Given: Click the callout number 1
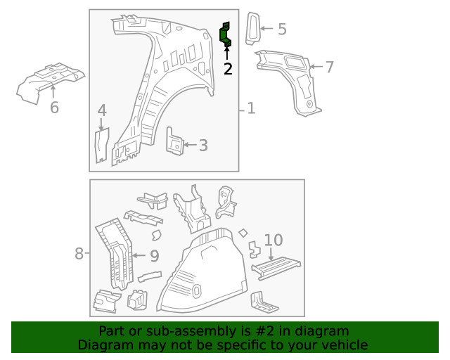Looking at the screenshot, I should pyautogui.click(x=251, y=109).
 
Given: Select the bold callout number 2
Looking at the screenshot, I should pyautogui.click(x=227, y=69).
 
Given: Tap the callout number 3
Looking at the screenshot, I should pyautogui.click(x=202, y=146).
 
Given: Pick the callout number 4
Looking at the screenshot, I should pyautogui.click(x=102, y=110).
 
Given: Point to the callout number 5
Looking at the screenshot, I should pyautogui.click(x=281, y=29).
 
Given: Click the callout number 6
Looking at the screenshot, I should pyautogui.click(x=54, y=108).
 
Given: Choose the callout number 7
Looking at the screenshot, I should pyautogui.click(x=329, y=67).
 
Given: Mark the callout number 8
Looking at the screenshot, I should pyautogui.click(x=79, y=253).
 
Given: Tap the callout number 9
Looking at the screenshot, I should pyautogui.click(x=154, y=257).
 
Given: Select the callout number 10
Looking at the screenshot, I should pyautogui.click(x=273, y=240).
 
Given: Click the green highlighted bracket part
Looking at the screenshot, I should pyautogui.click(x=226, y=34).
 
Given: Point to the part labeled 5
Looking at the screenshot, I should pyautogui.click(x=252, y=28).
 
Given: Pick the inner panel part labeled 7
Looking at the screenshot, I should pyautogui.click(x=295, y=77).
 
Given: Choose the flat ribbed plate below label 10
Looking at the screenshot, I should pyautogui.click(x=276, y=267).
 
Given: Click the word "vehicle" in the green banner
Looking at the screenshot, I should pyautogui.click(x=343, y=345).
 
